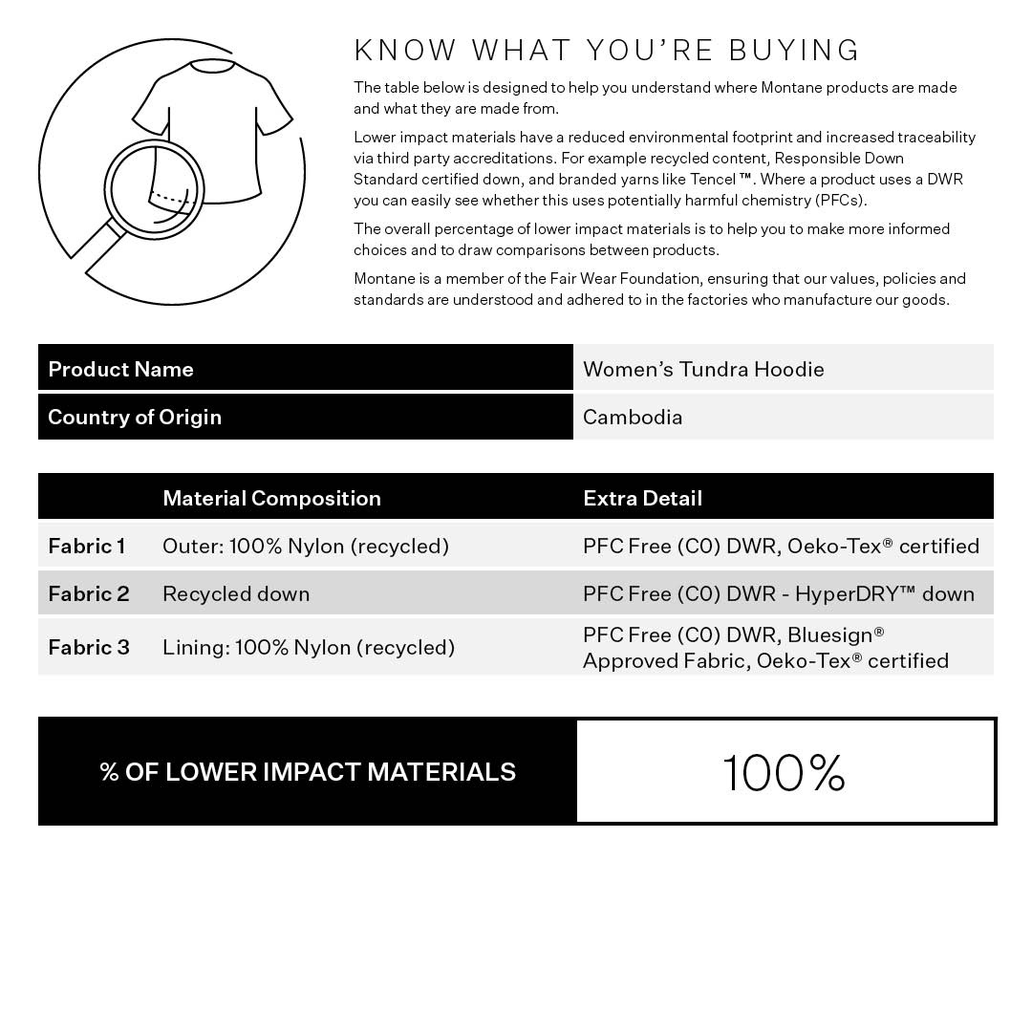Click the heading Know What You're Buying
click(x=607, y=50)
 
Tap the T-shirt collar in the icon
click(x=212, y=66)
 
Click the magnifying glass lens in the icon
click(x=154, y=189)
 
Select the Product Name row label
click(x=120, y=369)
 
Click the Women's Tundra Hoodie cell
click(x=703, y=369)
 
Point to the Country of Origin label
click(x=135, y=417)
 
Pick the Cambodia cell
click(x=633, y=417)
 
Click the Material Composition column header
click(x=271, y=498)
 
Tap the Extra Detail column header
click(x=642, y=498)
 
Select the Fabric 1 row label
click(x=87, y=546)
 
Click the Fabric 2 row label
click(x=89, y=593)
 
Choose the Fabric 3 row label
click(x=89, y=647)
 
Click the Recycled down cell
click(x=236, y=593)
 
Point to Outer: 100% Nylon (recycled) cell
click(x=306, y=546)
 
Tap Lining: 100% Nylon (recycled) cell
click(x=309, y=647)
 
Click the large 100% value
click(x=784, y=772)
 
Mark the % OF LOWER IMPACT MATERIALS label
click(x=308, y=772)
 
